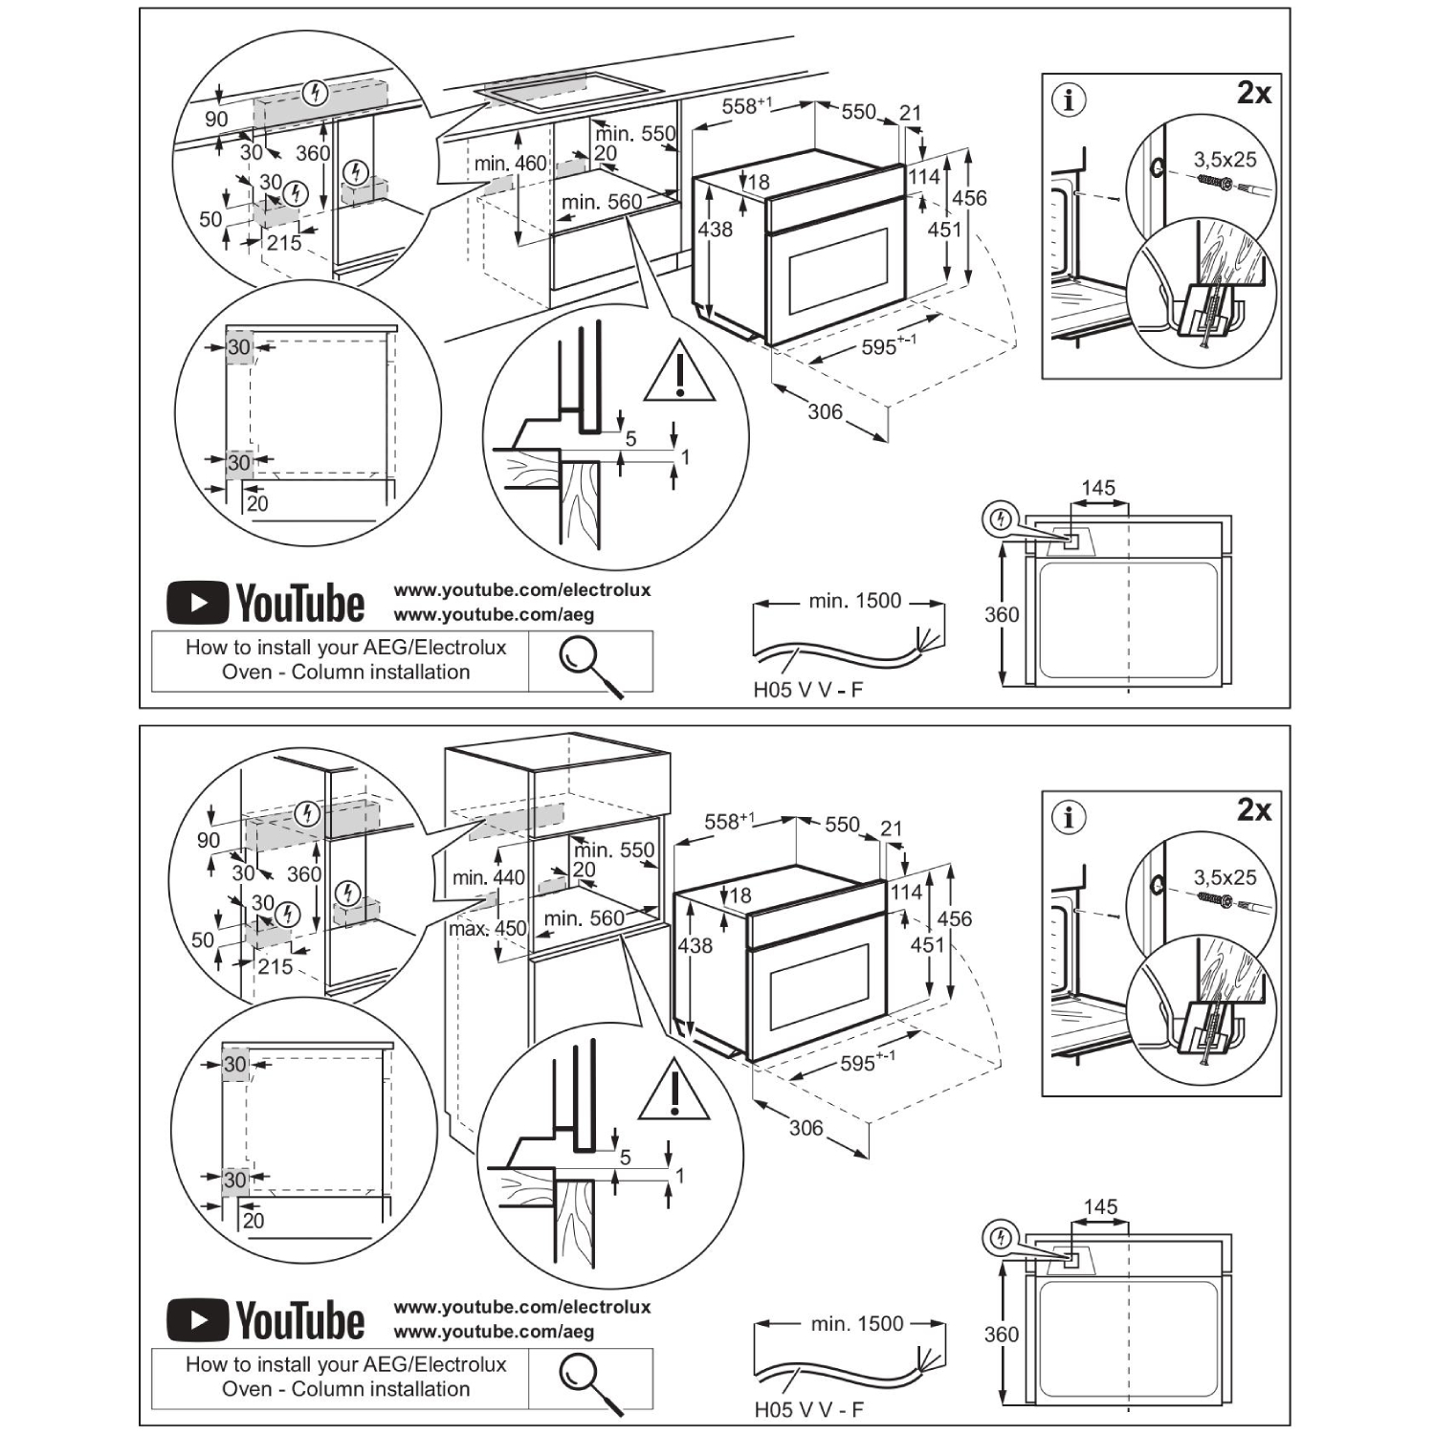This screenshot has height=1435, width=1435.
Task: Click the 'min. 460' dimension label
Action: coord(510,164)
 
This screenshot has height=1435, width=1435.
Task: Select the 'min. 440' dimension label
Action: coord(489,877)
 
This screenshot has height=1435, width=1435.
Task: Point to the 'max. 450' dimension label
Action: coord(488,928)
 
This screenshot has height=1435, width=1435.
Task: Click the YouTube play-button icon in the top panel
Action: coord(197,603)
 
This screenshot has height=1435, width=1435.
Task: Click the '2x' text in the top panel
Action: coord(1253,93)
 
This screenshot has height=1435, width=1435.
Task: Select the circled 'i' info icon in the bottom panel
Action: coord(1069,817)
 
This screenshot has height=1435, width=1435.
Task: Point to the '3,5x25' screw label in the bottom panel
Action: coord(1225,877)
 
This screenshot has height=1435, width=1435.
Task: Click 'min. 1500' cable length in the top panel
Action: coord(854,601)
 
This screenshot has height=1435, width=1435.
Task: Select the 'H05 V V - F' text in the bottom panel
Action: coord(808,1409)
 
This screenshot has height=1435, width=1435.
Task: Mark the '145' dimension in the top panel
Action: coord(1098,488)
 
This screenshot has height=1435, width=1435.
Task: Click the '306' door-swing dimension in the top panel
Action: coord(825,411)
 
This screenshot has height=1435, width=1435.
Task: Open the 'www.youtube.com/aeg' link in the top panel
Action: coord(494,615)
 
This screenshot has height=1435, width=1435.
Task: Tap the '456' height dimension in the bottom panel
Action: coord(954,918)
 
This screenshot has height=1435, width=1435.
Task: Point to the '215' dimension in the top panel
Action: coord(284,243)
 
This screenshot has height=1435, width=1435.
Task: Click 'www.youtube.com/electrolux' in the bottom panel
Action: coord(522,1307)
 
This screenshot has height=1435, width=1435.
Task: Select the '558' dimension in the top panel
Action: coord(746,104)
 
